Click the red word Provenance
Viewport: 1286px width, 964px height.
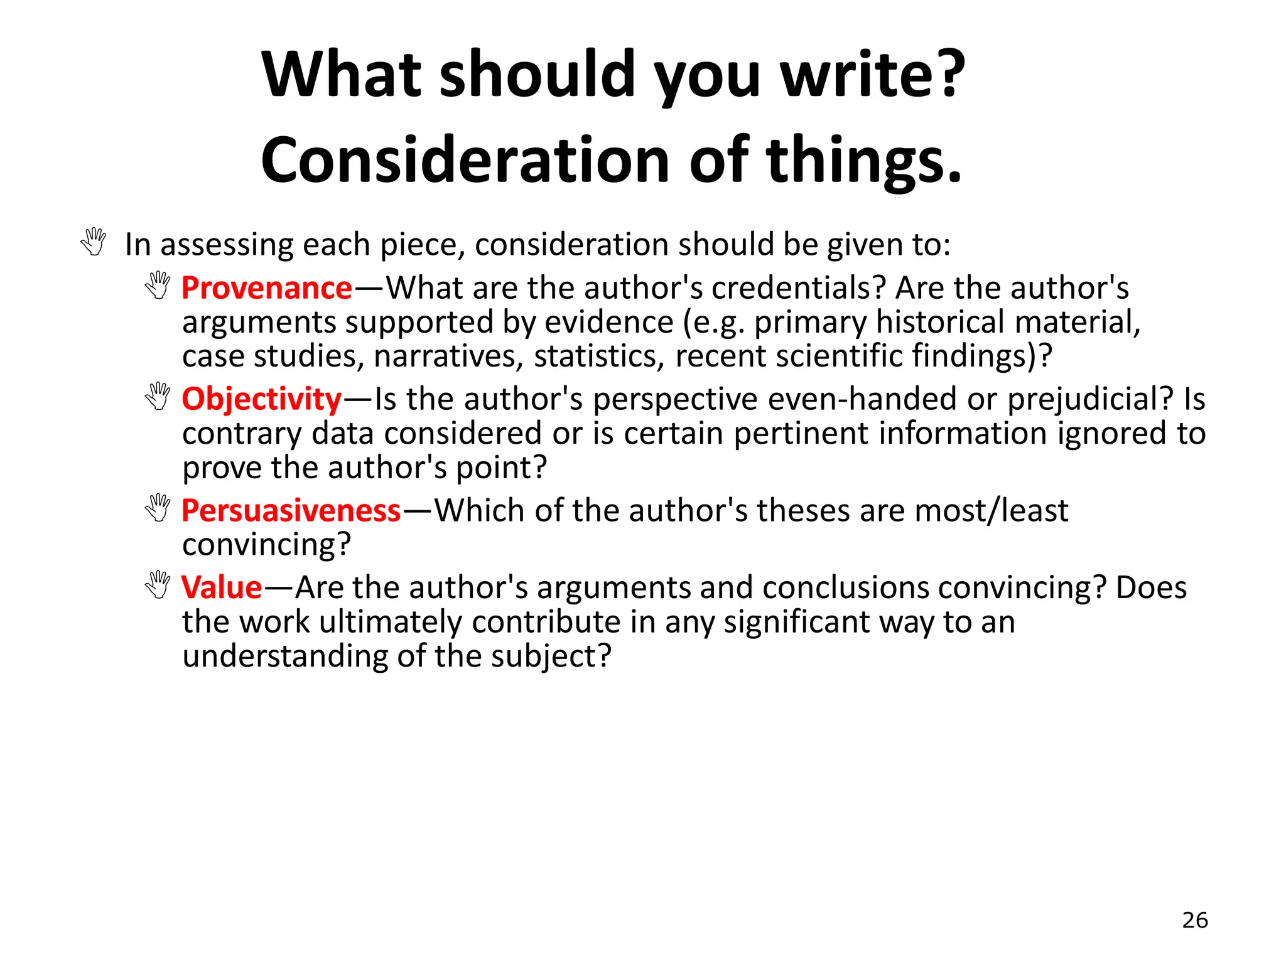[x=266, y=288]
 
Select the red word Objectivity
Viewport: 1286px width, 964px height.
[x=261, y=399]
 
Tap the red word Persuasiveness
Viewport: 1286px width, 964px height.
[x=291, y=510]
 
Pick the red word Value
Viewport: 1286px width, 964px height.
[x=221, y=587]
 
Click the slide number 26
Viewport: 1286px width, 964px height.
[x=1194, y=920]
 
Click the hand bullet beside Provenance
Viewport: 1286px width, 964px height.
[x=158, y=286]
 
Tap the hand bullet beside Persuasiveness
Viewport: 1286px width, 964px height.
[x=158, y=508]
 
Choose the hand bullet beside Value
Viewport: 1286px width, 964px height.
[x=158, y=585]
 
